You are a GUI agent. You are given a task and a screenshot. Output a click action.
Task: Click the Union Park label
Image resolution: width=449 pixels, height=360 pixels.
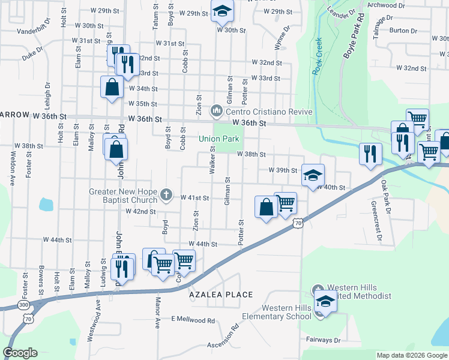pyautogui.click(x=219, y=139)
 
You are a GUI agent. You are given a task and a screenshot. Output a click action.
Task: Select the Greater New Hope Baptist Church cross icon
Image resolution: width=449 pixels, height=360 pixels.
pyautogui.click(x=167, y=195)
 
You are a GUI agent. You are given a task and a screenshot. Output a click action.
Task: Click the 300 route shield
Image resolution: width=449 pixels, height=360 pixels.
pyautogui.click(x=23, y=305)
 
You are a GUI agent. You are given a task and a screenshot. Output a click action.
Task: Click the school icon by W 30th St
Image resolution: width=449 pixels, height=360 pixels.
pyautogui.click(x=221, y=10)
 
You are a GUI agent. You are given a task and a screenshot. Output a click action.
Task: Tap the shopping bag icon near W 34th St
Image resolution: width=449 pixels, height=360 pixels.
pyautogui.click(x=112, y=86)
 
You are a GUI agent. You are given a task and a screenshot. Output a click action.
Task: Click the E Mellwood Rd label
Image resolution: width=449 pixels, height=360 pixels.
pyautogui.click(x=193, y=320)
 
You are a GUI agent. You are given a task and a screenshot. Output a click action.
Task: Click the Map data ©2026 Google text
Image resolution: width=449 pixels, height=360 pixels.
pyautogui.click(x=411, y=355)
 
